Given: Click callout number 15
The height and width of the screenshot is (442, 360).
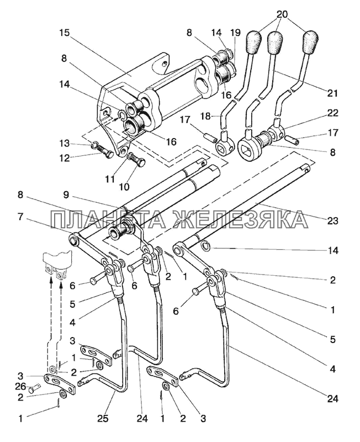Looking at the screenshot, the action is point(64,33).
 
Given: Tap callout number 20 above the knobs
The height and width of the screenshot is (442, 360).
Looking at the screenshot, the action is point(282,14).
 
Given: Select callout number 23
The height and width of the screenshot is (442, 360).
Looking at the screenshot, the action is point(332,220).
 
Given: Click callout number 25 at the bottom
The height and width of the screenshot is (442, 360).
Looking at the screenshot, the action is point(103,418).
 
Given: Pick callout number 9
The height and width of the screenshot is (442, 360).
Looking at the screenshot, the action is point(66,195).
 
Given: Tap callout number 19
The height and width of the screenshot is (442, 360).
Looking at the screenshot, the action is point(236,33).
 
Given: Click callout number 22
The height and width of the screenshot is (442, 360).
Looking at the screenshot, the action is point(332,113).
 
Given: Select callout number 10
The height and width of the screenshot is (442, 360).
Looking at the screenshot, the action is point(124,186).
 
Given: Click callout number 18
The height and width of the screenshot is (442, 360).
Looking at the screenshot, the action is point(206,115).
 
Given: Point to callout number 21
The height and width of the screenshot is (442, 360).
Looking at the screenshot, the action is point(332,93).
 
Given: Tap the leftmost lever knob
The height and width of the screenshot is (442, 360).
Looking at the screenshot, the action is point(253,42).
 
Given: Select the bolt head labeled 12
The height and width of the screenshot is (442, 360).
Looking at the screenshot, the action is point(109,154).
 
